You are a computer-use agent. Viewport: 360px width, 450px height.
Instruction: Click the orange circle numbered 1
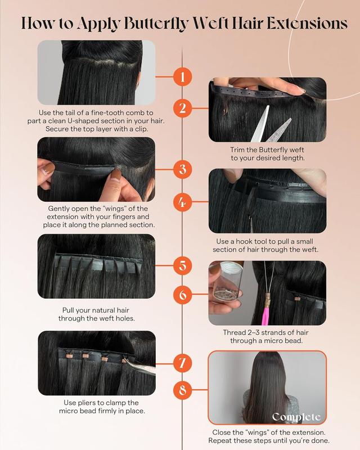[183, 76]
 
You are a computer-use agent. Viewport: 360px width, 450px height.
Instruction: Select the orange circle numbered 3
[183, 168]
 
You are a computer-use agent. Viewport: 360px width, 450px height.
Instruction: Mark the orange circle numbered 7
[183, 363]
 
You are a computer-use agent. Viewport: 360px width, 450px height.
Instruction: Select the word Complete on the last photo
[296, 417]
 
